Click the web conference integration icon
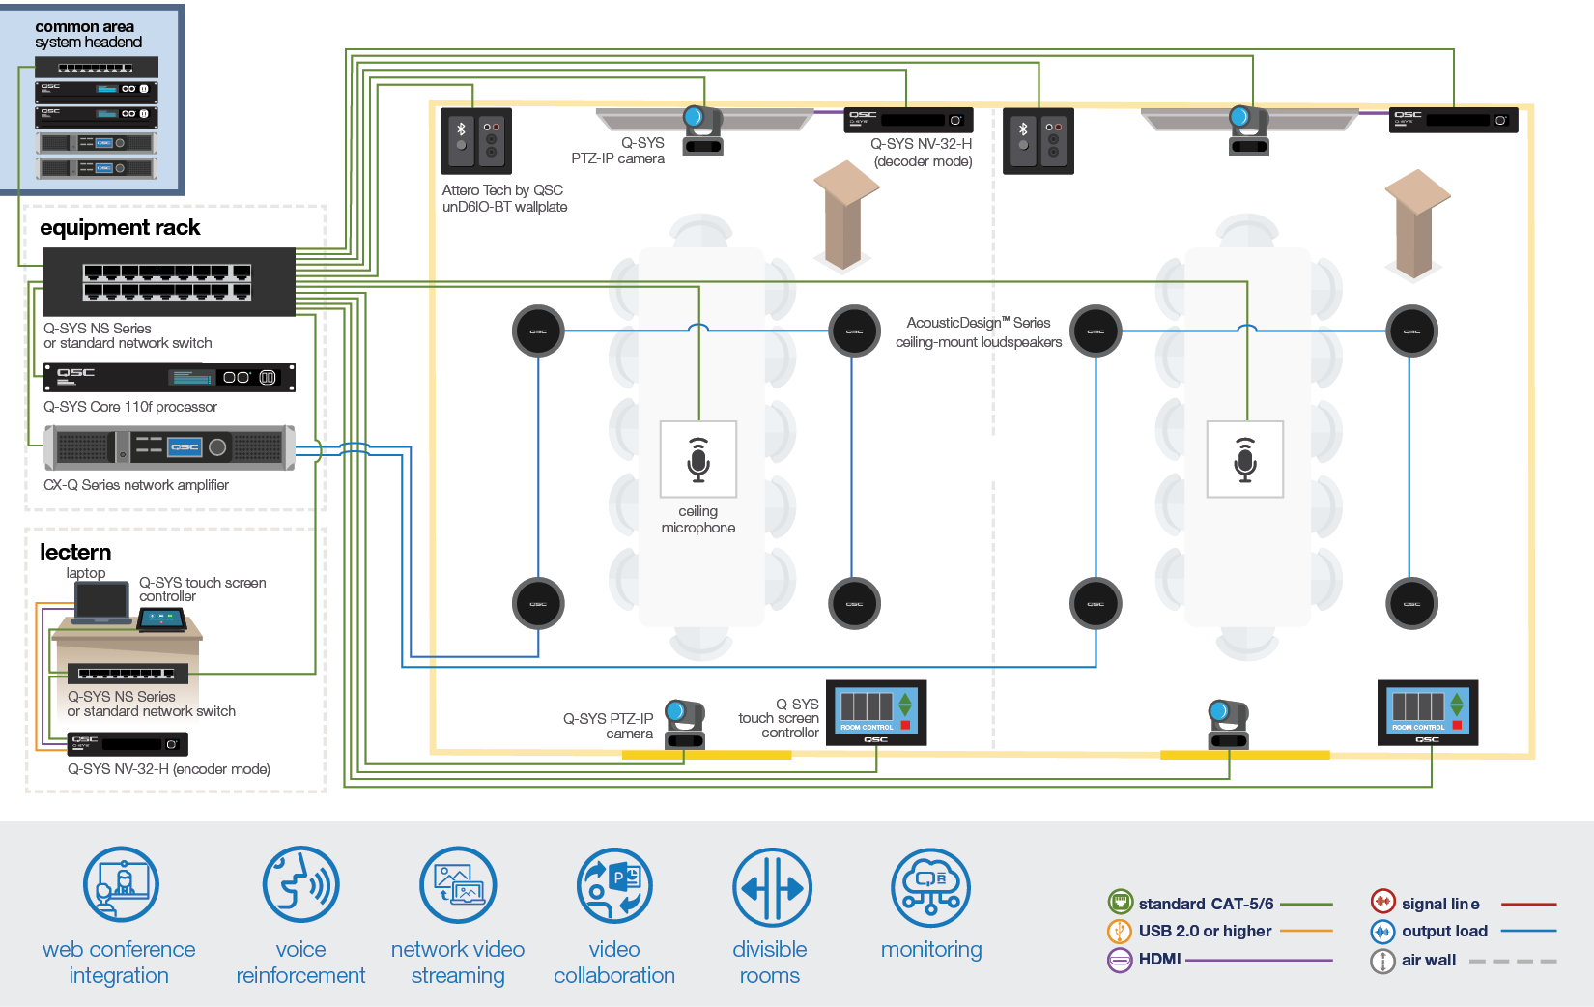pyautogui.click(x=121, y=885)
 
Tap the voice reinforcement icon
pyautogui.click(x=300, y=885)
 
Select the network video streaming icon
pyautogui.click(x=458, y=885)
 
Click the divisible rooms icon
pyautogui.click(x=771, y=887)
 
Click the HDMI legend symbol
pyautogui.click(x=1120, y=960)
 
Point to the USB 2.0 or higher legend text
pyautogui.click(x=1205, y=931)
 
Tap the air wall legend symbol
pyautogui.click(x=1382, y=961)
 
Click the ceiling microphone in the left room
pyautogui.click(x=698, y=459)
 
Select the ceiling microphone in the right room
pyautogui.click(x=1245, y=459)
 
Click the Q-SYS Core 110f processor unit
pyautogui.click(x=169, y=377)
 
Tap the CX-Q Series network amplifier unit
pyautogui.click(x=169, y=447)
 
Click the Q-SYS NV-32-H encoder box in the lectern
pyautogui.click(x=128, y=743)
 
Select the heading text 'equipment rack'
pyautogui.click(x=120, y=228)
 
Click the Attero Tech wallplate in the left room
pyautogui.click(x=476, y=141)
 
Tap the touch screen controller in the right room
pyautogui.click(x=1428, y=712)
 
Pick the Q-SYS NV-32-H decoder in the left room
pyautogui.click(x=908, y=120)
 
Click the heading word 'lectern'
pyautogui.click(x=75, y=552)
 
